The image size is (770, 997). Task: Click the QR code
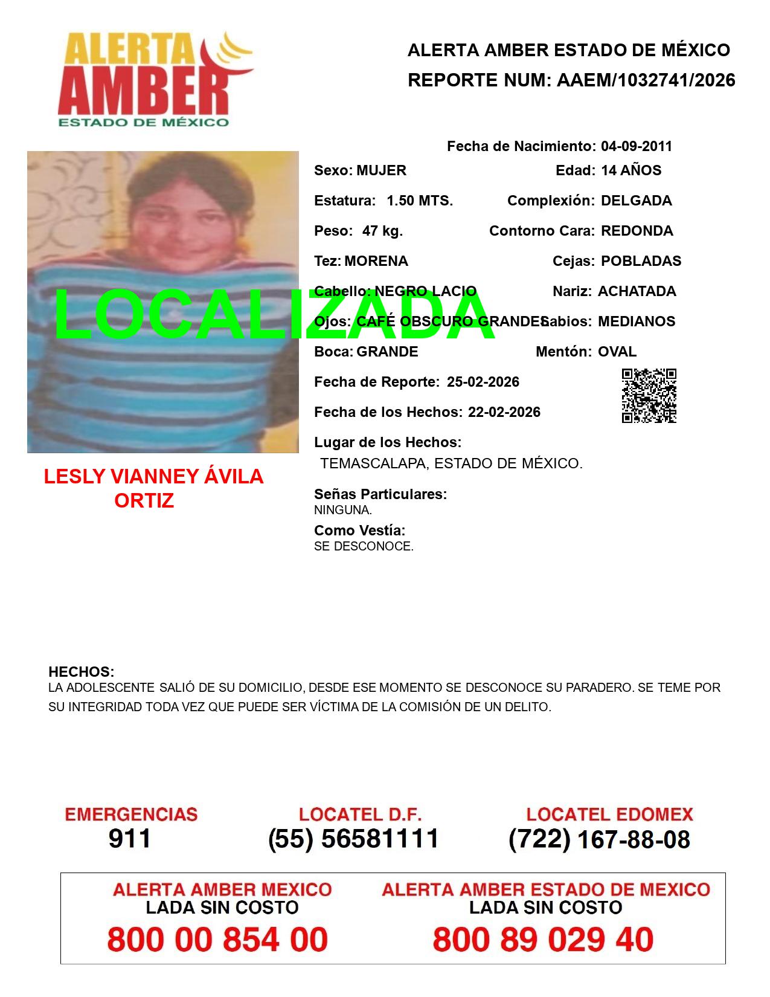tap(649, 396)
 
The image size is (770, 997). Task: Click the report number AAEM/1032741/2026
tap(646, 80)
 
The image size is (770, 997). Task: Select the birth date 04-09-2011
tap(636, 146)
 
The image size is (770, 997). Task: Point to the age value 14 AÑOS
tap(631, 170)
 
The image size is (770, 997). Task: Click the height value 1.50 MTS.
tap(420, 201)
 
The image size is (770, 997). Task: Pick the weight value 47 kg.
tap(382, 231)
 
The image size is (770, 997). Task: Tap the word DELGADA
tap(636, 201)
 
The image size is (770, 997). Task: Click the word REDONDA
tap(637, 231)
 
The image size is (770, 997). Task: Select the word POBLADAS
tap(641, 261)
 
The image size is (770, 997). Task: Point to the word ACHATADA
tap(637, 291)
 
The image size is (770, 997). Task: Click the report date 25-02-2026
tap(483, 382)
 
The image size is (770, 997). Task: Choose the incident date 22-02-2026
tap(504, 412)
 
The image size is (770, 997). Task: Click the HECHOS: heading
tap(81, 672)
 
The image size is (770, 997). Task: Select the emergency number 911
tap(130, 839)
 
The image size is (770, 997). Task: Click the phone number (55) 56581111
tap(353, 839)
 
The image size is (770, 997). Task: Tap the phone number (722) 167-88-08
tap(599, 839)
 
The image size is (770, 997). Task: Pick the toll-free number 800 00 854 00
tap(217, 940)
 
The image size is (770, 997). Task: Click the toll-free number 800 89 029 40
tap(543, 940)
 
